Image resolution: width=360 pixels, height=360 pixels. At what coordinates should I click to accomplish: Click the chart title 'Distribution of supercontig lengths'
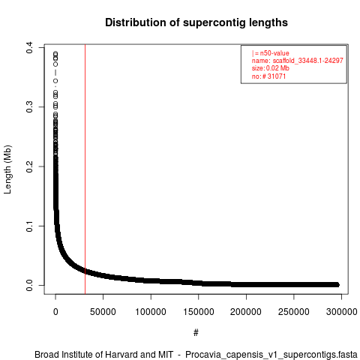tap(196, 22)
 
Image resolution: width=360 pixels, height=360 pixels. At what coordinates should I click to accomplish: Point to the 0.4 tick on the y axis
tap(29, 47)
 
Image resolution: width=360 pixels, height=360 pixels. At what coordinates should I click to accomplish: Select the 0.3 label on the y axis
tap(29, 107)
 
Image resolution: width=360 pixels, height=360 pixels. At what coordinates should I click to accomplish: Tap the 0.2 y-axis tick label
tap(29, 166)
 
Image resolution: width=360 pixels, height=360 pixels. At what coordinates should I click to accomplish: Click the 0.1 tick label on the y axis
tap(29, 226)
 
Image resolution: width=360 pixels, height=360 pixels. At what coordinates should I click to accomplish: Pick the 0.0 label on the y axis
tap(29, 285)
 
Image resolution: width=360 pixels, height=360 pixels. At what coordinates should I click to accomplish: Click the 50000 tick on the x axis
tap(103, 312)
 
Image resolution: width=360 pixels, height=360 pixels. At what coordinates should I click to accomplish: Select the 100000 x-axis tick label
tap(151, 312)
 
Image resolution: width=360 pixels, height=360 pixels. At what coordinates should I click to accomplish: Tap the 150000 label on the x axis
tap(199, 312)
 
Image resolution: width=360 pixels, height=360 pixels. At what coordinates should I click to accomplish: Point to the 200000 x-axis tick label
tap(246, 312)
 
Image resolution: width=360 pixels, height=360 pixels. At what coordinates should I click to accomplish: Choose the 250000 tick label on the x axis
tap(294, 312)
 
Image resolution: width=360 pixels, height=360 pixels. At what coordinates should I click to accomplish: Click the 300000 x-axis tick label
tap(341, 312)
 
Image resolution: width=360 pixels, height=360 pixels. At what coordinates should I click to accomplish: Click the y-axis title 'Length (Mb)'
tap(7, 169)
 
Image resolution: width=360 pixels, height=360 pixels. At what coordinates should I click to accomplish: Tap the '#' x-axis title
tap(196, 333)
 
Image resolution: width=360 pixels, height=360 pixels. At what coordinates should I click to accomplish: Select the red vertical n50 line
tap(85, 169)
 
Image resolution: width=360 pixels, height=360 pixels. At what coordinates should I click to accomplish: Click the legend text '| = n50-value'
tap(271, 53)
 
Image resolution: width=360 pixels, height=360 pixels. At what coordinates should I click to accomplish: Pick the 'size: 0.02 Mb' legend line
tap(271, 68)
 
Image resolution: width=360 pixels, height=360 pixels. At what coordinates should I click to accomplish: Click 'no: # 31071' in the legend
tap(268, 76)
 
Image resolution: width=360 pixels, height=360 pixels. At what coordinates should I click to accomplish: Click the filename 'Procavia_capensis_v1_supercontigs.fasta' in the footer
tap(271, 355)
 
